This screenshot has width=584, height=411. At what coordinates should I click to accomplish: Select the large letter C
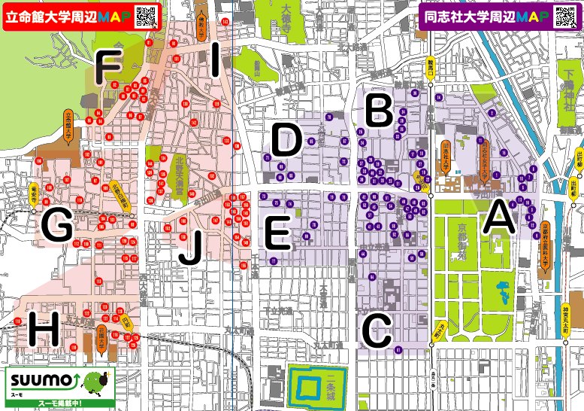coord(377,329)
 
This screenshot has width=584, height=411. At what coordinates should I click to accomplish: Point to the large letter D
coord(286,141)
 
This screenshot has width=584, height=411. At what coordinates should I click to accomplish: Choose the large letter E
coord(277,232)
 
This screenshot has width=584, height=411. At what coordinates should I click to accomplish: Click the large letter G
coord(57,226)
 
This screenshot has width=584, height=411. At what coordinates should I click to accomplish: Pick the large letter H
coord(43,328)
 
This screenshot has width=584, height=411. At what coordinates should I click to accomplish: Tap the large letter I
coord(216,60)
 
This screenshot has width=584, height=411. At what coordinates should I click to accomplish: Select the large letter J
coord(190,248)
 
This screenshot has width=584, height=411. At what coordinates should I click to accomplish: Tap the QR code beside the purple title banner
coord(567,16)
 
